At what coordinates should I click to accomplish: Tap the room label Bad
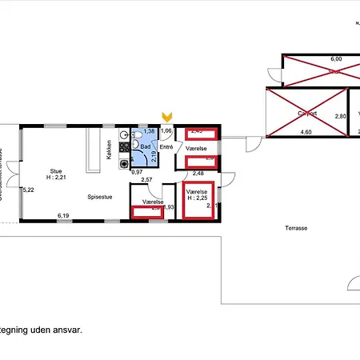pos(145,147)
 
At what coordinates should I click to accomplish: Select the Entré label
pos(166,147)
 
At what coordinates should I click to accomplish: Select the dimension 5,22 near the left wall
pos(29,190)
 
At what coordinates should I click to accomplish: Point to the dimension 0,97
pos(137,172)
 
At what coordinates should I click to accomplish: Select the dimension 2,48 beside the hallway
pos(199,174)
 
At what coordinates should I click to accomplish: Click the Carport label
pos(307,114)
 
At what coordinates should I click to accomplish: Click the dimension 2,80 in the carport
pos(340,116)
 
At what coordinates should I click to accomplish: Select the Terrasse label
pos(296,228)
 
